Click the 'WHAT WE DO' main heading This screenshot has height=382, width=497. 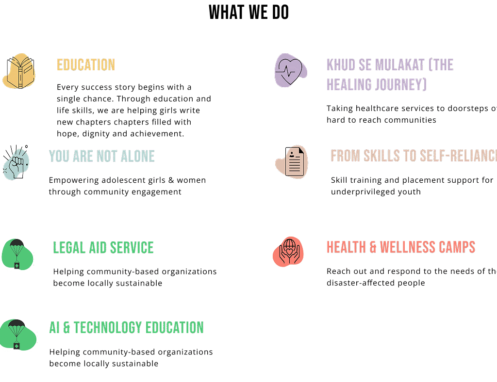tap(248, 13)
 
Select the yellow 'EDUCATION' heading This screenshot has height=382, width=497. tap(86, 65)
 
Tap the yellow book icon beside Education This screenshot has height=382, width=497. tap(19, 71)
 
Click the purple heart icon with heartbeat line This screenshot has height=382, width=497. tap(290, 70)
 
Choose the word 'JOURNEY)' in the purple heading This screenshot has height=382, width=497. tap(401, 85)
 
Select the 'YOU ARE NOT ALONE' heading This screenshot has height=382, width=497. tap(102, 156)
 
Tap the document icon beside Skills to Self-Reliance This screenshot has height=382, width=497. tap(292, 161)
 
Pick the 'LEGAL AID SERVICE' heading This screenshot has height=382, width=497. tap(103, 248)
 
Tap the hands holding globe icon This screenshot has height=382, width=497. tap(289, 253)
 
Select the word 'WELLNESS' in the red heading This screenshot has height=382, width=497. tap(408, 247)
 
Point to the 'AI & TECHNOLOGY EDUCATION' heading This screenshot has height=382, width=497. tap(126, 328)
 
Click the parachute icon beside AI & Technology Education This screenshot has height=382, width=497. tap(18, 334)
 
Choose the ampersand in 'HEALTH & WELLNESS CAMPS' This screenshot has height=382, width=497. tap(373, 247)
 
